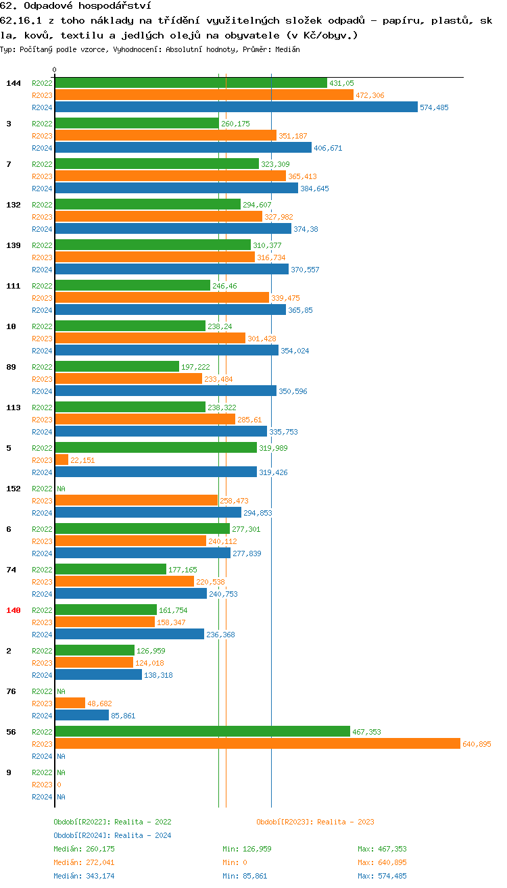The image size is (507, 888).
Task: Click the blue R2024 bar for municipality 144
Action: [x=236, y=107]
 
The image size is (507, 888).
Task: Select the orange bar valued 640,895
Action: [x=257, y=743]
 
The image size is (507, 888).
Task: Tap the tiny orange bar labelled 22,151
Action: [x=62, y=460]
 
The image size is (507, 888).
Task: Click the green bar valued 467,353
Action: [x=202, y=731]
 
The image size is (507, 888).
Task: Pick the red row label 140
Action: [x=14, y=610]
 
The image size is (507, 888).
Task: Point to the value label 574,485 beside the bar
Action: [x=434, y=107]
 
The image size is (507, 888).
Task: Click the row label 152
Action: [x=14, y=489]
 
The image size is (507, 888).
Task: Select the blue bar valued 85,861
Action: [x=81, y=715]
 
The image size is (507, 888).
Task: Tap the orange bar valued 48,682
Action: [x=70, y=703]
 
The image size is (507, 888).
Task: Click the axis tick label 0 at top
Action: [x=55, y=70]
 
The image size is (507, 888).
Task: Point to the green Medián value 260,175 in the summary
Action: [x=84, y=849]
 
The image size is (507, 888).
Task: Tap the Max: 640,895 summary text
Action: [x=382, y=862]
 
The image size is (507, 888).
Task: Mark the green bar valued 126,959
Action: [x=95, y=650]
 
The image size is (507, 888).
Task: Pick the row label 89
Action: [x=11, y=367]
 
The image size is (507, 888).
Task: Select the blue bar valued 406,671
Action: [x=183, y=147]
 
